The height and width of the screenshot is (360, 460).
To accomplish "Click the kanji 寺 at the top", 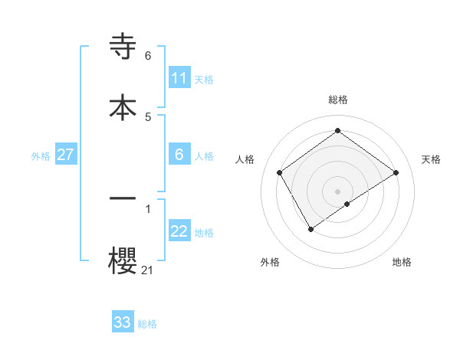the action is pyautogui.click(x=123, y=47).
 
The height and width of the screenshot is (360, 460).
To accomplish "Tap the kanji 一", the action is pyautogui.click(x=123, y=198).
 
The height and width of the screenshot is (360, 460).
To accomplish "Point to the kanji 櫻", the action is pyautogui.click(x=123, y=259).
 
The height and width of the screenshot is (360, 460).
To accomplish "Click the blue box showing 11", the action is pyautogui.click(x=179, y=78).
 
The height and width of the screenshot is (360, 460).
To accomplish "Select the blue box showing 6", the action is pyautogui.click(x=179, y=155).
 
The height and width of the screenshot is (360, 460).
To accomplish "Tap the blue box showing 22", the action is pyautogui.click(x=179, y=231).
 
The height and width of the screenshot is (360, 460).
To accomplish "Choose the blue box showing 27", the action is pyautogui.click(x=65, y=155).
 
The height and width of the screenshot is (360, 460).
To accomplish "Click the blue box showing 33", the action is pyautogui.click(x=123, y=322).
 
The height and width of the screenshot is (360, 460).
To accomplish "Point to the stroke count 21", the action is pyautogui.click(x=147, y=270).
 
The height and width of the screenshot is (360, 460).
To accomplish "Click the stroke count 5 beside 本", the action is pyautogui.click(x=148, y=116).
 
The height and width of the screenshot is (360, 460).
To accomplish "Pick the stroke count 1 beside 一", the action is pyautogui.click(x=148, y=208).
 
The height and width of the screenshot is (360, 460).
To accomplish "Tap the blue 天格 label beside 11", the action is pyautogui.click(x=204, y=80).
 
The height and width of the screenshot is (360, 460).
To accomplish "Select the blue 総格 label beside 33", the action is pyautogui.click(x=147, y=324).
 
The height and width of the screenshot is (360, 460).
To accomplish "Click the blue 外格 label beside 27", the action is pyautogui.click(x=41, y=156).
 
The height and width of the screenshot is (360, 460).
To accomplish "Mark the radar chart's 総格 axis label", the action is pyautogui.click(x=337, y=100).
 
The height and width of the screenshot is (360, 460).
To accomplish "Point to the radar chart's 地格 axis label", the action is pyautogui.click(x=402, y=262).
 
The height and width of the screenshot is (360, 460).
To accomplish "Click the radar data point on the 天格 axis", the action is pyautogui.click(x=396, y=172).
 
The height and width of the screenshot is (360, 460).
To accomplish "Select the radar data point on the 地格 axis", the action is pyautogui.click(x=347, y=204).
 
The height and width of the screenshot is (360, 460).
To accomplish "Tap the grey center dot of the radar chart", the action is pyautogui.click(x=337, y=191).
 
